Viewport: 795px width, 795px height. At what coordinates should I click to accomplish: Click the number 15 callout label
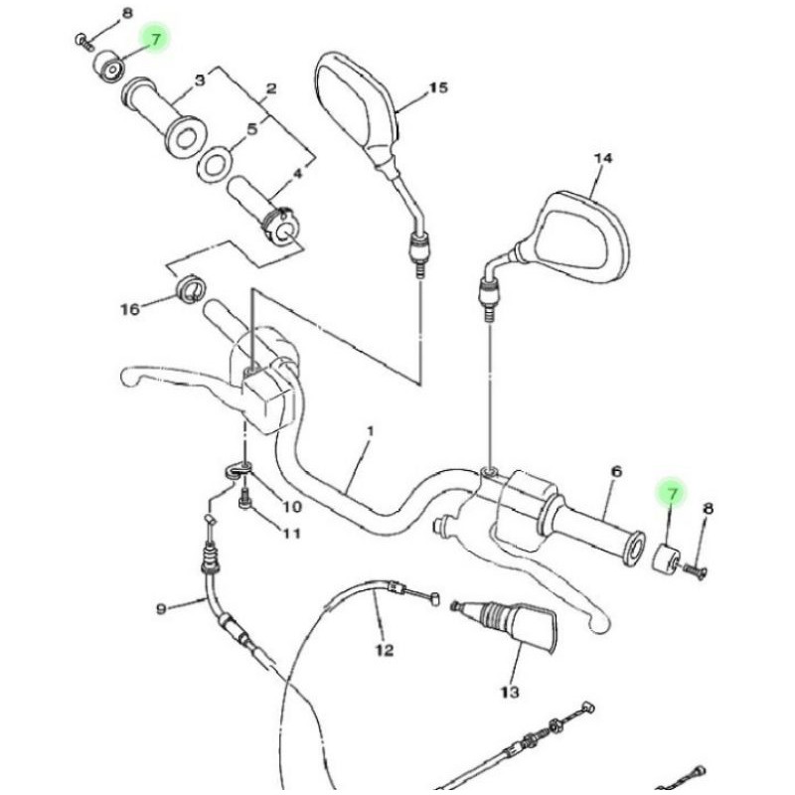tap(438, 88)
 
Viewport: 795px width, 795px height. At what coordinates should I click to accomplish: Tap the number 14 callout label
tap(602, 158)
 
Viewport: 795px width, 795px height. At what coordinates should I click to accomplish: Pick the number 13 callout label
tap(510, 690)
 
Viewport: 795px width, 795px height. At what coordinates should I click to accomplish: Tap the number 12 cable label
tap(385, 651)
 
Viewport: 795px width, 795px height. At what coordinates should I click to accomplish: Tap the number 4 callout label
tap(295, 173)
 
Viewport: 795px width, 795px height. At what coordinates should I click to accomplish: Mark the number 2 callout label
tap(269, 88)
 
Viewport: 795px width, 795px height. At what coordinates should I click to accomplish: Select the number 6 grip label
tap(615, 472)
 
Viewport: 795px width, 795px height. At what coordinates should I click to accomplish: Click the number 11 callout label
tap(290, 534)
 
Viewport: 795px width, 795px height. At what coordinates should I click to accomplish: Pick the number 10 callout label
tap(290, 507)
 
